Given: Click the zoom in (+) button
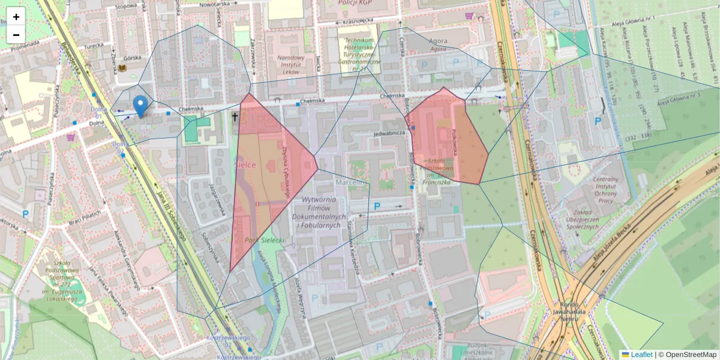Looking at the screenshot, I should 16,17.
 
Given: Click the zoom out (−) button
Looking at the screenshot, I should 16,35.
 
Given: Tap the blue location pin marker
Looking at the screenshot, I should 140,106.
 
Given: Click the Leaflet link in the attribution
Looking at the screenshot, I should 641,355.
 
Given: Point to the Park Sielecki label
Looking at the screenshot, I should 264,240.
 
